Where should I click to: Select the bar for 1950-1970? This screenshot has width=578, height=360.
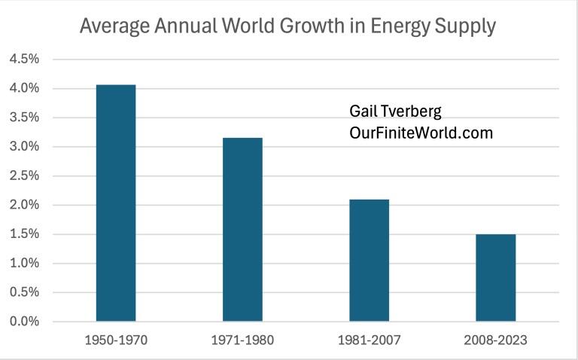[x=116, y=203]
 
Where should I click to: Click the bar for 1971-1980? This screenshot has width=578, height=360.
[x=242, y=230]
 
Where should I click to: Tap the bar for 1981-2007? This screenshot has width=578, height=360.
[x=369, y=260]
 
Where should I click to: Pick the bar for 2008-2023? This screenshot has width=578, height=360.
[x=495, y=277]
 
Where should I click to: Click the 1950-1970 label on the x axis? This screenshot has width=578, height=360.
[x=116, y=340]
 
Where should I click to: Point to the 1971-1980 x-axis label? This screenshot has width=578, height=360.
[x=242, y=340]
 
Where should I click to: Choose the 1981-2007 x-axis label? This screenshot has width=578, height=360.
[x=369, y=340]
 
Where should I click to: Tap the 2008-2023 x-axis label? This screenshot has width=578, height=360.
[x=495, y=340]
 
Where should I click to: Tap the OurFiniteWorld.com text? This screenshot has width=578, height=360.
[x=421, y=133]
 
